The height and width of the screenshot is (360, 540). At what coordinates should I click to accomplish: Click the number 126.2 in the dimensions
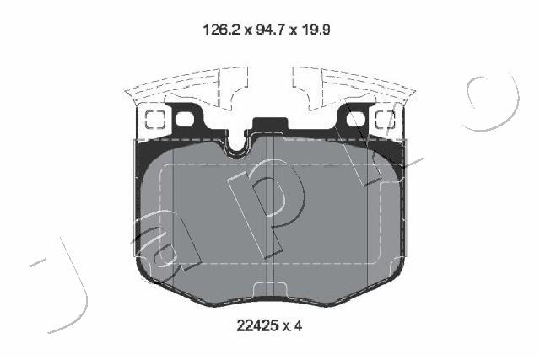tap(219, 31)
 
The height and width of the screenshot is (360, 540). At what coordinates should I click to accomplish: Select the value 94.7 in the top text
tap(266, 31)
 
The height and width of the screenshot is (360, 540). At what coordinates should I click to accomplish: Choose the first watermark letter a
tap(173, 249)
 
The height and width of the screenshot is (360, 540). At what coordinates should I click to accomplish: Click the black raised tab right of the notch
tap(270, 125)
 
